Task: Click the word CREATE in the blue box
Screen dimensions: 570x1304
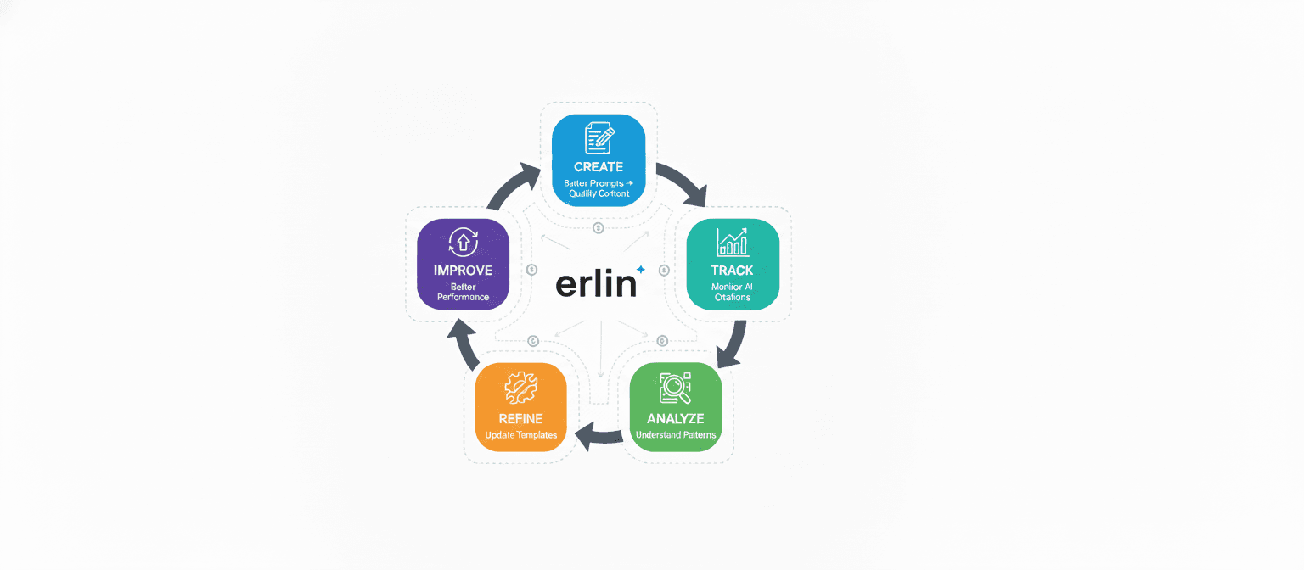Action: pos(599,167)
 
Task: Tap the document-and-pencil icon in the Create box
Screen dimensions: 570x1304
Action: pos(599,138)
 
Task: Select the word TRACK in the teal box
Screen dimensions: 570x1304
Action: pos(732,271)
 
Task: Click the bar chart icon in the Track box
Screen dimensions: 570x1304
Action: pos(732,242)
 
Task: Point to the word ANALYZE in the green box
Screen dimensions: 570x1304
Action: pos(676,418)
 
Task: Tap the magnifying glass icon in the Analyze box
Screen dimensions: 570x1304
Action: pos(676,388)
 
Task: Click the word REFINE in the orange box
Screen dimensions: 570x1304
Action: pos(520,418)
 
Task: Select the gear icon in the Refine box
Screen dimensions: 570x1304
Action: pos(520,388)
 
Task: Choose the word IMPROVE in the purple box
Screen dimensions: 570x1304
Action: pos(463,271)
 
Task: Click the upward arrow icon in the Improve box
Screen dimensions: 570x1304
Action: pos(463,242)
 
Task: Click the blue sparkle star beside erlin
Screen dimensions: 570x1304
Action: pos(641,270)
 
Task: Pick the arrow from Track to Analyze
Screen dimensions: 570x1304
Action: pos(733,344)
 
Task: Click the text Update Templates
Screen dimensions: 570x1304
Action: pos(520,435)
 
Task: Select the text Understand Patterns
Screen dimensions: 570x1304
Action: pos(676,435)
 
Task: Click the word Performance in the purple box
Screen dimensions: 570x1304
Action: pos(463,298)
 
